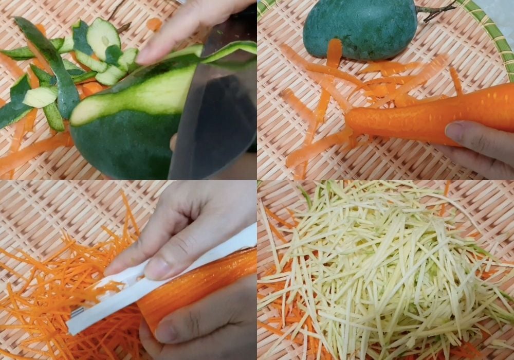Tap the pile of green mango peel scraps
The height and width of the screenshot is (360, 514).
[x=67, y=72]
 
